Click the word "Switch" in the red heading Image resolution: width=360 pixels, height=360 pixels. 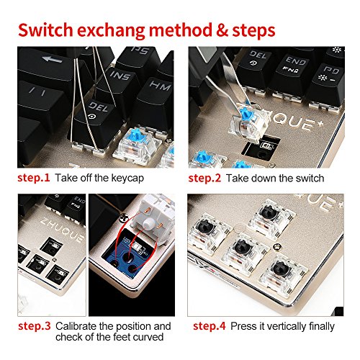coord(45,30)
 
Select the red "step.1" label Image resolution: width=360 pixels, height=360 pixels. coord(34,178)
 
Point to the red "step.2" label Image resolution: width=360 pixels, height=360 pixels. coord(204,179)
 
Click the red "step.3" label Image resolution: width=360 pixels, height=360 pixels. coord(35,326)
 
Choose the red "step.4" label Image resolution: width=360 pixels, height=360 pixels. coord(210,326)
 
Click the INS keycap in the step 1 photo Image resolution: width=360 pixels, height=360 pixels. coord(120,84)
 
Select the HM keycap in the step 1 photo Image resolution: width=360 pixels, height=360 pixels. coord(155,101)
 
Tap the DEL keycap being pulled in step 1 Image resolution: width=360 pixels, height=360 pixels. coord(96,122)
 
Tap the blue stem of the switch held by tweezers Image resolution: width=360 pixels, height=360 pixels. coord(247,114)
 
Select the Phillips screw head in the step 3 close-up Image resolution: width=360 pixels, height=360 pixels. coord(124,218)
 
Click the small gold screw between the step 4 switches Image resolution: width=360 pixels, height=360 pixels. coord(278,246)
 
